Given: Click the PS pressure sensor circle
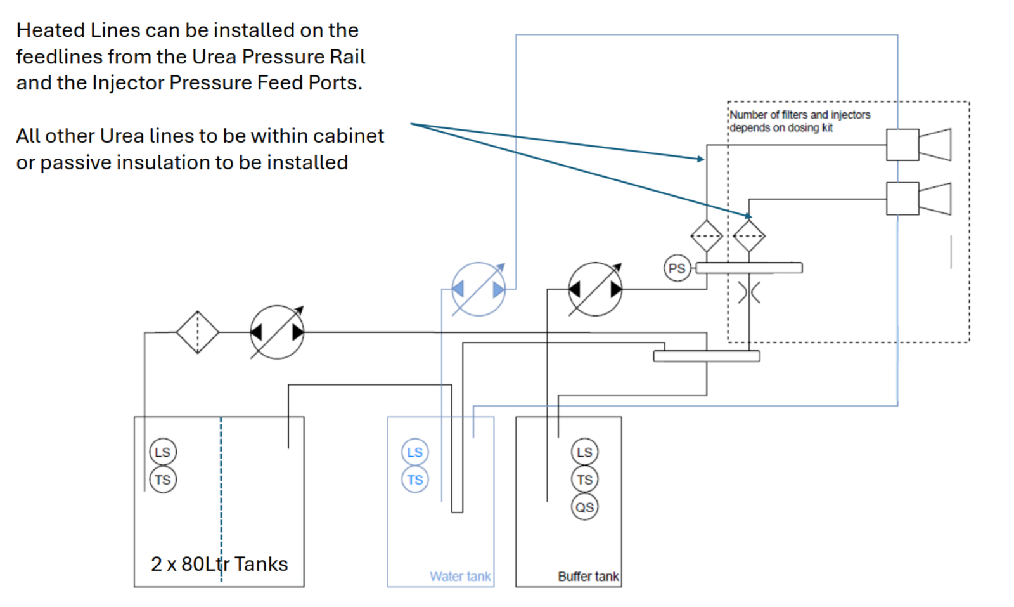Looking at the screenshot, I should coord(676,268).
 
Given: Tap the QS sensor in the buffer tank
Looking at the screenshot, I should coord(584,507).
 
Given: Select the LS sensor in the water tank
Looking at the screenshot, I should coord(415,452).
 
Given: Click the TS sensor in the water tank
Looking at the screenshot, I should coord(415,480).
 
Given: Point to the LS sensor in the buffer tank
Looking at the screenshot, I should coord(584,452).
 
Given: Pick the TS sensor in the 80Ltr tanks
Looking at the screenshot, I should coord(163,480).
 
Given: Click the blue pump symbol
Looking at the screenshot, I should coord(478,289).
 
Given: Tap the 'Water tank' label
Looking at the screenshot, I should coord(460,577).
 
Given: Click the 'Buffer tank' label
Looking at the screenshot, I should coord(588,577).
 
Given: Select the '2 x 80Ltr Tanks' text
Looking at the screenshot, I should coord(219,564).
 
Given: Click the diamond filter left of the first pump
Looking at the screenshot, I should coord(198,332).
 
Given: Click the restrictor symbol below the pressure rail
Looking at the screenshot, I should coord(749,293).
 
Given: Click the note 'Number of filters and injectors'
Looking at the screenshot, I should coord(800,115).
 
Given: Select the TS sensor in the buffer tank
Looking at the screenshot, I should coord(584,480).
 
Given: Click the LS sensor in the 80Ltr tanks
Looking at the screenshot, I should coord(163,452).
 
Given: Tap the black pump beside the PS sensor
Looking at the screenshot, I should coord(595,289).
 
